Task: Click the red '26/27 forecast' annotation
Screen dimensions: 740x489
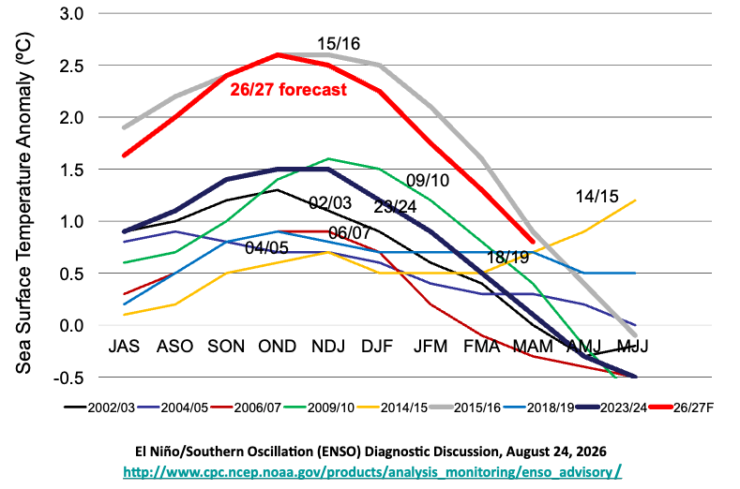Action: pyautogui.click(x=288, y=89)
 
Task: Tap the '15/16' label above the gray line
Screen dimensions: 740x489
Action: pyautogui.click(x=339, y=44)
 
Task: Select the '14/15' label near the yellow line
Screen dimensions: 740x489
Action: pyautogui.click(x=597, y=196)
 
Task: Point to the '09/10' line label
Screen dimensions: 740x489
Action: pyautogui.click(x=428, y=180)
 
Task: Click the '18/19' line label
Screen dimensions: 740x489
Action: pyautogui.click(x=507, y=257)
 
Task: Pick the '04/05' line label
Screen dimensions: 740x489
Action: pyautogui.click(x=266, y=247)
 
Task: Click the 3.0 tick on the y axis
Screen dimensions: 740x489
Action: pyautogui.click(x=71, y=14)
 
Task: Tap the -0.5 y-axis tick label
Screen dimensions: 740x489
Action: pyautogui.click(x=68, y=378)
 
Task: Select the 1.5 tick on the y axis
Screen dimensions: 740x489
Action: pyautogui.click(x=71, y=170)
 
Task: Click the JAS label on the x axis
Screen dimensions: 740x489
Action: pyautogui.click(x=124, y=346)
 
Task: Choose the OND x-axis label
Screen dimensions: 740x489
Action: pyautogui.click(x=277, y=346)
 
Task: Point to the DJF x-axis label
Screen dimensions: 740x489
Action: pyautogui.click(x=377, y=346)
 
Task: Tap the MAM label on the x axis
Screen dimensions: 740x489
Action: pyautogui.click(x=533, y=346)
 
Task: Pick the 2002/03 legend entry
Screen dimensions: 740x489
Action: pyautogui.click(x=99, y=407)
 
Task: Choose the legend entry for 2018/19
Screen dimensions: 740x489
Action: pyautogui.click(x=538, y=407)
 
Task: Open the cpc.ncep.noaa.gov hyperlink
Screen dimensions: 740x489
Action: pyautogui.click(x=372, y=471)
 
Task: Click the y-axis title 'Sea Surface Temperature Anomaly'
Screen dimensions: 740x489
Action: pyautogui.click(x=23, y=202)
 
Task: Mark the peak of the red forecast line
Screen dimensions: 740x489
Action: pyautogui.click(x=278, y=54)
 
